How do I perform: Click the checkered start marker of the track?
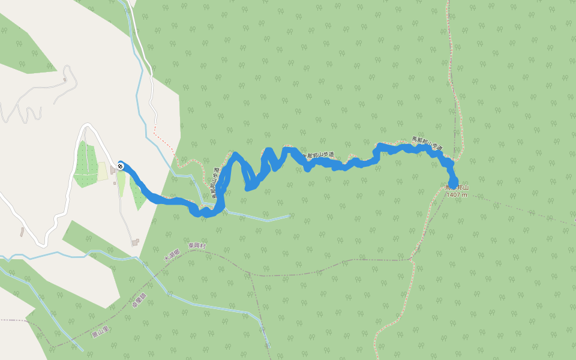point(121,166)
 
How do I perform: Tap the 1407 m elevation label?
point(457,194)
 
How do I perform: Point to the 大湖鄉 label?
point(172,256)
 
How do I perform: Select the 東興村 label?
point(196,246)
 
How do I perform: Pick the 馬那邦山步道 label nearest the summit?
point(427,143)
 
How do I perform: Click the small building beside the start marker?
point(113,170)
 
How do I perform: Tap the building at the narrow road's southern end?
point(136,242)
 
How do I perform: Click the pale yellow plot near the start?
point(103,172)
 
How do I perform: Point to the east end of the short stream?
point(289,215)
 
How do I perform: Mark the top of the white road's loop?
point(88,125)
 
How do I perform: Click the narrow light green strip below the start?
point(121,184)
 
